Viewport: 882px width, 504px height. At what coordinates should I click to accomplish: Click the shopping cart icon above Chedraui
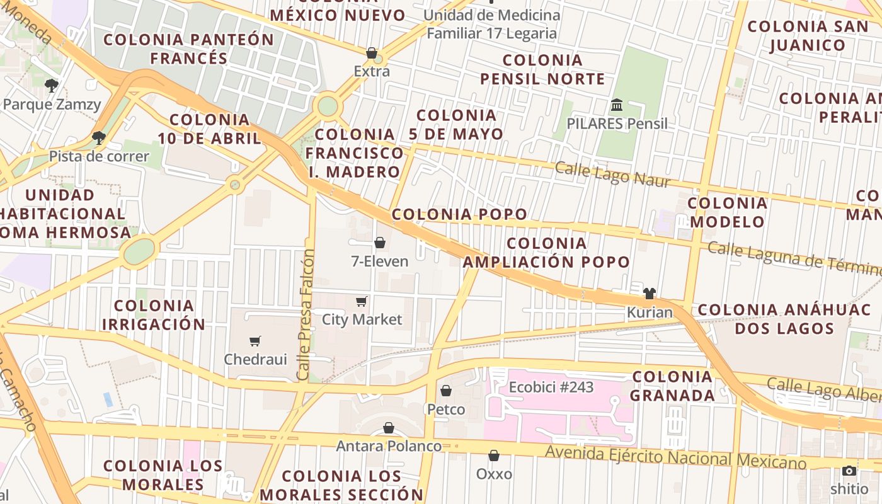(x=255, y=341)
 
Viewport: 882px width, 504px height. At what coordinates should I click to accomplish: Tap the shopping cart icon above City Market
(x=362, y=301)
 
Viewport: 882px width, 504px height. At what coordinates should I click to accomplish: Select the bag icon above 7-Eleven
(x=380, y=243)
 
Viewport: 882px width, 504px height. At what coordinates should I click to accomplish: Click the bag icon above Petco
(x=446, y=391)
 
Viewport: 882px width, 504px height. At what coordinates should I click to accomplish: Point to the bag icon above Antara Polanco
(x=389, y=428)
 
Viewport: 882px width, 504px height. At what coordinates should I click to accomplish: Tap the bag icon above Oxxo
(x=494, y=455)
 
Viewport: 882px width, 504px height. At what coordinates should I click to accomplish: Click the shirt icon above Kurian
(x=650, y=293)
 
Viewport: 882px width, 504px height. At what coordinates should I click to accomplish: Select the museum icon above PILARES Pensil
(x=617, y=105)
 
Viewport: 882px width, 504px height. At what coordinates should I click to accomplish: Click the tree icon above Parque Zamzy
(x=52, y=85)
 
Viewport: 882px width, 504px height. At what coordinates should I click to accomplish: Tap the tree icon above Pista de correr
(x=98, y=137)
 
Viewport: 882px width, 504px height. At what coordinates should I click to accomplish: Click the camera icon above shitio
(x=849, y=471)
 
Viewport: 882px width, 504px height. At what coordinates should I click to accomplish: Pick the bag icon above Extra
(x=372, y=53)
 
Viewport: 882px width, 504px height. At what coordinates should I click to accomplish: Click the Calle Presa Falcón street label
(x=307, y=315)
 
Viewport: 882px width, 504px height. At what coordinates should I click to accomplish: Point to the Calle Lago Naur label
(x=612, y=174)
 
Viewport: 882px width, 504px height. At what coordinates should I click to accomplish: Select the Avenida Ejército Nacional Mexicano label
(x=675, y=457)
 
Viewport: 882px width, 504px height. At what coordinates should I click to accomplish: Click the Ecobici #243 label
(x=551, y=387)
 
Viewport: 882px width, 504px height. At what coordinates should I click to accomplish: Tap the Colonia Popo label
(x=459, y=214)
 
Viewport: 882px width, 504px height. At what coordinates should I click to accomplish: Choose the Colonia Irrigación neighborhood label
(x=153, y=315)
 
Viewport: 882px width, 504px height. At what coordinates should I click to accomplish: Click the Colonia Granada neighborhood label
(x=672, y=386)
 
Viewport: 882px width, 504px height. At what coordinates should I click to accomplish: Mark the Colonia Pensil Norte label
(x=542, y=69)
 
